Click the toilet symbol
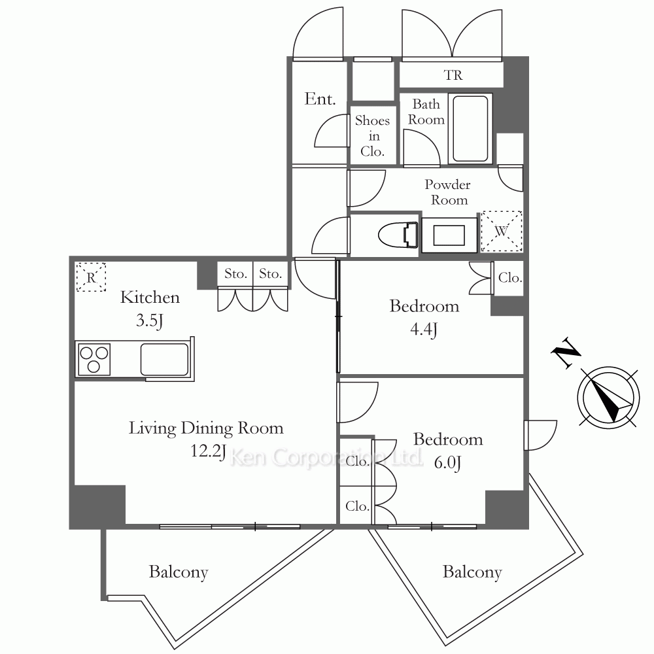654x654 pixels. [398, 235]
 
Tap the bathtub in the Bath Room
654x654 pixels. [470, 128]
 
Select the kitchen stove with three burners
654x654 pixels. [94, 359]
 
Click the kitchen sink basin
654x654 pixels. [164, 359]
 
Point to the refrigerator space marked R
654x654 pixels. [91, 277]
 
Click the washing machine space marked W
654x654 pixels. [502, 231]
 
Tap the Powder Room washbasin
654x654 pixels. [449, 235]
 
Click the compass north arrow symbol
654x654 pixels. [608, 397]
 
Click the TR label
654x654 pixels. [453, 75]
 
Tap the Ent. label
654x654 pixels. [320, 99]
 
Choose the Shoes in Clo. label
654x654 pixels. [372, 136]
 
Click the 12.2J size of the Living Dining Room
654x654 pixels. [208, 451]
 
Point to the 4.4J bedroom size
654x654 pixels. [424, 330]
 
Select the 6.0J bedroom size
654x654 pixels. [447, 462]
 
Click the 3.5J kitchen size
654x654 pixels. [149, 320]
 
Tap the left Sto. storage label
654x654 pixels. [235, 274]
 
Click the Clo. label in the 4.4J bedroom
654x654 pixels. [510, 278]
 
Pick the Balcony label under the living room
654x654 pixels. [179, 572]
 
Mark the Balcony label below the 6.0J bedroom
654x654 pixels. [472, 572]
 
